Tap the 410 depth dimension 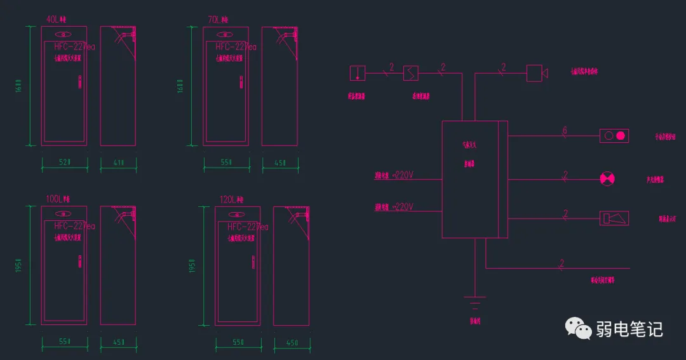tap(118, 163)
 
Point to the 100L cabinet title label tap(58, 199)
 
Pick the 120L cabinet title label tap(231, 199)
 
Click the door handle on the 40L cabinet tap(80, 82)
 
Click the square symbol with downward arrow tap(358, 73)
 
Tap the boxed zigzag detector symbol tap(411, 73)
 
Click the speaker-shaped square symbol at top tap(537, 73)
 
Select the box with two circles tap(614, 135)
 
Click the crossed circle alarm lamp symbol tap(608, 179)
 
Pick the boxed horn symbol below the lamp tap(614, 218)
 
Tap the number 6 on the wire tap(564, 131)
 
